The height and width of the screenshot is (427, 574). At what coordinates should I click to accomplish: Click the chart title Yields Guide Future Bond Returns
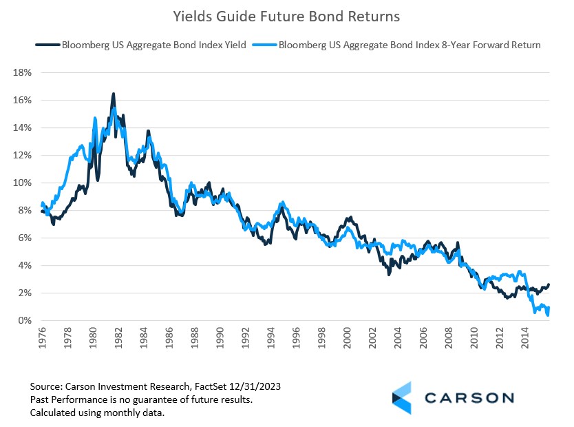point(287,15)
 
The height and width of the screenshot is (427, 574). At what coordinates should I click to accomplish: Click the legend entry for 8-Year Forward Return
point(406,45)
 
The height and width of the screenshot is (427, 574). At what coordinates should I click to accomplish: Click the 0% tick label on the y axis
point(24,320)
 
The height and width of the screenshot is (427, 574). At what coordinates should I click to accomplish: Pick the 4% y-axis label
point(24,265)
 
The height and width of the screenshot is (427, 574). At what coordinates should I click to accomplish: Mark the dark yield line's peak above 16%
point(113,94)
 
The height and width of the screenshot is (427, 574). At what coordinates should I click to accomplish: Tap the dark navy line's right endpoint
point(549,284)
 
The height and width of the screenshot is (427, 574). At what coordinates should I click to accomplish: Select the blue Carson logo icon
point(402,397)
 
